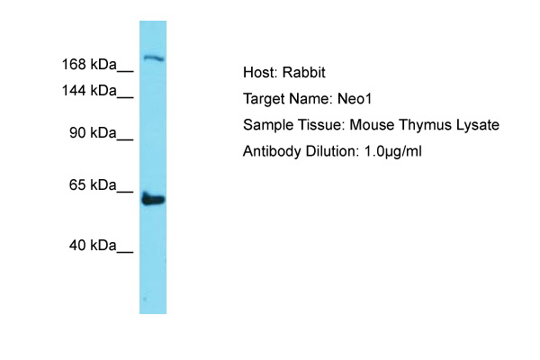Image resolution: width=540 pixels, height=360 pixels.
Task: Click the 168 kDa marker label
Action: pyautogui.click(x=89, y=65)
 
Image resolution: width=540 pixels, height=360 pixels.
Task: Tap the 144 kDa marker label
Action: pyautogui.click(x=89, y=91)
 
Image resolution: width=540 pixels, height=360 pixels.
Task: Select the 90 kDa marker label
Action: pyautogui.click(x=93, y=132)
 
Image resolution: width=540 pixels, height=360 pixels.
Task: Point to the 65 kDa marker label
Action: pyautogui.click(x=93, y=185)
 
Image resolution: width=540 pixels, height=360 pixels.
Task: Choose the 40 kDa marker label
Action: pyautogui.click(x=93, y=246)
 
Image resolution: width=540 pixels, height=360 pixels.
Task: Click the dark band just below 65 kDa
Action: pyautogui.click(x=153, y=200)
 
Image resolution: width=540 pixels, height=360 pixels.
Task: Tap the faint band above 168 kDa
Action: pyautogui.click(x=154, y=58)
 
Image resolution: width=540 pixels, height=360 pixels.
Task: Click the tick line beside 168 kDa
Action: pyautogui.click(x=125, y=72)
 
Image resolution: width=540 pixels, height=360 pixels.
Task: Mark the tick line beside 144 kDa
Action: pyautogui.click(x=125, y=98)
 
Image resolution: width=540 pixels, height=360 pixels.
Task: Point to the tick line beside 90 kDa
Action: pyautogui.click(x=125, y=139)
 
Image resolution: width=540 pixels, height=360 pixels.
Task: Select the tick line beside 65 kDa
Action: pyautogui.click(x=125, y=192)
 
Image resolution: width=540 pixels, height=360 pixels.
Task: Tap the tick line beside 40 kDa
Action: pyautogui.click(x=125, y=253)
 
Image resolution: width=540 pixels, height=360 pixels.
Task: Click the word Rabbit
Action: pyautogui.click(x=304, y=72)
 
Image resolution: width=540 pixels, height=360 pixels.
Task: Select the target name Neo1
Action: pyautogui.click(x=355, y=99)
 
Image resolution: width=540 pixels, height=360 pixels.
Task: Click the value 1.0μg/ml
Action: pyautogui.click(x=392, y=151)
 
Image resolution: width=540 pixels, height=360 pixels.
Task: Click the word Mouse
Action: pyautogui.click(x=372, y=125)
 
